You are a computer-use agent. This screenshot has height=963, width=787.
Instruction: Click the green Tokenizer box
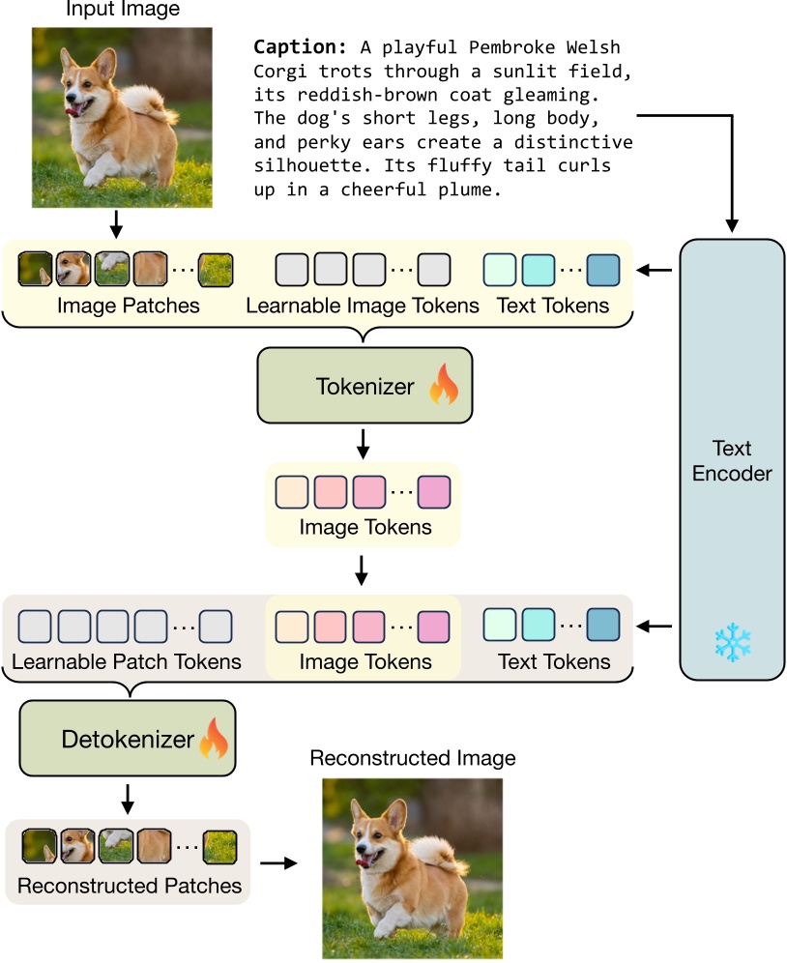tap(364, 386)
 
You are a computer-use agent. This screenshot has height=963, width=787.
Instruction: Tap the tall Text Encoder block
tap(732, 459)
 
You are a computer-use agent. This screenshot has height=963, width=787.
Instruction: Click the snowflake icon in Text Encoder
tap(732, 643)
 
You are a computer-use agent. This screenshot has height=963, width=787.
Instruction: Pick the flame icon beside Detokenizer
tap(214, 740)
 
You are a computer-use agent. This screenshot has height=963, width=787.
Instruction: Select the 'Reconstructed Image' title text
tap(413, 758)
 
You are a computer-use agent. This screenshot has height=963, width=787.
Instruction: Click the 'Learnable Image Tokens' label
tap(363, 306)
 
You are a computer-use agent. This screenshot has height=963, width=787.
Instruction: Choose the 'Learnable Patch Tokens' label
tap(126, 662)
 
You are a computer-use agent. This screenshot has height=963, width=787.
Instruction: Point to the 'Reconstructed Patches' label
tap(129, 886)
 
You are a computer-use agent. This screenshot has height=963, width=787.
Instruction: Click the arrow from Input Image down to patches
tap(117, 224)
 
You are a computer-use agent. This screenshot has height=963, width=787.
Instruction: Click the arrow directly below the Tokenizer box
tap(364, 445)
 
